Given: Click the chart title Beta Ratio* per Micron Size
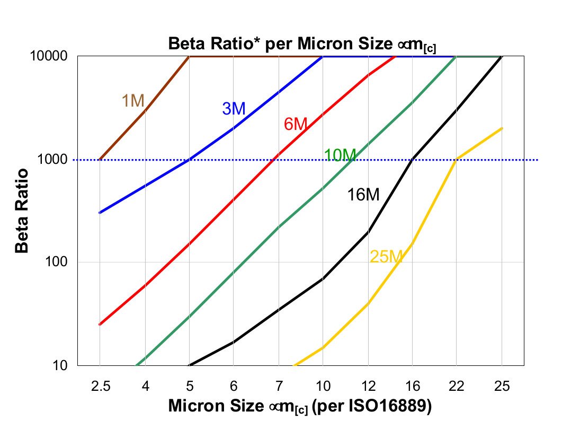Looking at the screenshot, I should (x=302, y=44).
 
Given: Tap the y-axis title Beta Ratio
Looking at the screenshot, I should (x=22, y=211).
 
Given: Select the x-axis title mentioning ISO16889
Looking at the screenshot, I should (x=300, y=406).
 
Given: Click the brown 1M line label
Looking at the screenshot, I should (x=133, y=100).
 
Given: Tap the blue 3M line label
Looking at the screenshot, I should (x=233, y=109).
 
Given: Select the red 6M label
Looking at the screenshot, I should (x=296, y=124).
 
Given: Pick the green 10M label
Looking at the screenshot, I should (x=340, y=155).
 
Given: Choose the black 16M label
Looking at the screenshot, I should (x=363, y=195).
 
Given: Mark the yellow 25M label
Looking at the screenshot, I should (x=387, y=257).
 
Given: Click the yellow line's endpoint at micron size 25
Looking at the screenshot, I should (x=502, y=128).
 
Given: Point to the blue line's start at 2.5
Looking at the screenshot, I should (x=100, y=213).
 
